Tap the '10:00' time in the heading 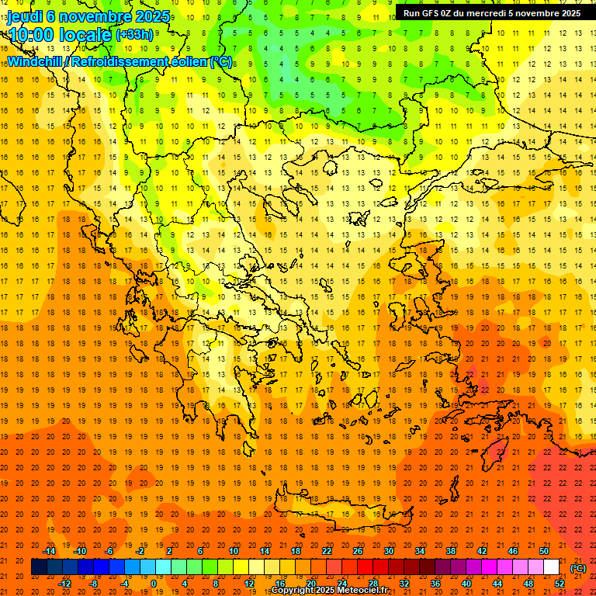tap(29, 34)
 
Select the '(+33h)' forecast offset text tap(134, 34)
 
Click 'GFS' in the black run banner tap(430, 13)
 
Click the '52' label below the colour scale tap(560, 584)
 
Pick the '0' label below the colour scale tap(153, 584)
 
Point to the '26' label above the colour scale tap(358, 551)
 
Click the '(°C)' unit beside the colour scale tap(577, 567)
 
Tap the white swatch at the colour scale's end tap(551, 567)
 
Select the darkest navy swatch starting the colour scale tap(39, 567)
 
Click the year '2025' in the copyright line tap(320, 591)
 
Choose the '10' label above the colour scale tap(233, 551)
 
